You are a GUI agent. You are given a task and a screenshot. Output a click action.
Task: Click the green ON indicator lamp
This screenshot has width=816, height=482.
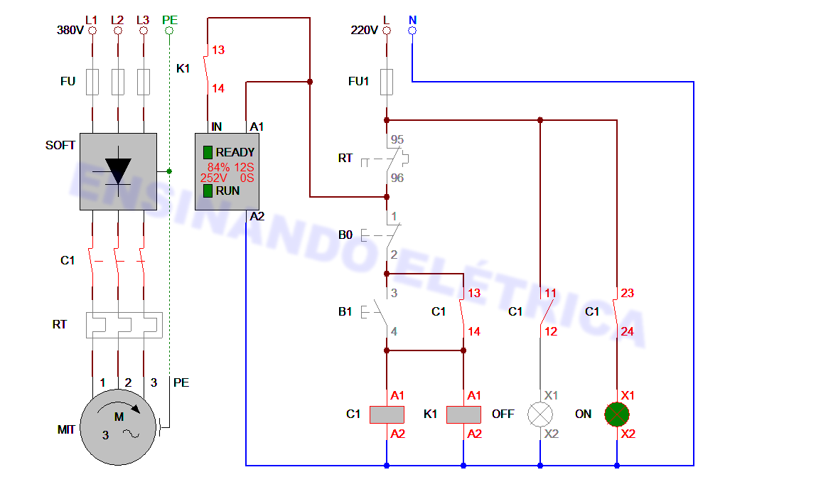[616, 414]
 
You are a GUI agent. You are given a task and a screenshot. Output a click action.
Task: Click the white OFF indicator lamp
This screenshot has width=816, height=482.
[539, 414]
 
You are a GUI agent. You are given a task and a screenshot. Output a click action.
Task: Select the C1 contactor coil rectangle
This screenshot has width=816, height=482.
[387, 414]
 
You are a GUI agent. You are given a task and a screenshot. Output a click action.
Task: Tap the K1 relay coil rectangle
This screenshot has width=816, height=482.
[463, 414]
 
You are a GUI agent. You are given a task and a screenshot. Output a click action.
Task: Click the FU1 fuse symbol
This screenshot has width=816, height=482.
[387, 82]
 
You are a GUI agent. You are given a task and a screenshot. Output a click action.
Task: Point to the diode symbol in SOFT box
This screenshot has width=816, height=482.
[118, 171]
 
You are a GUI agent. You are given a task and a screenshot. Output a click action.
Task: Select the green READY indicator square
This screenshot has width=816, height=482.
[208, 152]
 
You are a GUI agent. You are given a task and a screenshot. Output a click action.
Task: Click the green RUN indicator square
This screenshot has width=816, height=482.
[208, 191]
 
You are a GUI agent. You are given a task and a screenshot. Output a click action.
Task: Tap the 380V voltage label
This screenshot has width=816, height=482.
[70, 31]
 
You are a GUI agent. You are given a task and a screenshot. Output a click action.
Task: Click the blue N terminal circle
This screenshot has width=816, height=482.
[412, 31]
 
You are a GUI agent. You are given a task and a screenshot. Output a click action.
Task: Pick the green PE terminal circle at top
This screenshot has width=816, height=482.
[169, 31]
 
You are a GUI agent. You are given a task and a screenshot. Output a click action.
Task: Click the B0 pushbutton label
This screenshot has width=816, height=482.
[345, 235]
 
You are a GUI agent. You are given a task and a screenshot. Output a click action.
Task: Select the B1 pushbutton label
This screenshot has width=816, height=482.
[345, 311]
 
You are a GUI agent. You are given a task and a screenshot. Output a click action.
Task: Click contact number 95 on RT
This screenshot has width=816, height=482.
[397, 139]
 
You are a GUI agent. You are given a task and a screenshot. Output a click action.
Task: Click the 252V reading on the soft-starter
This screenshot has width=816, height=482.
[214, 178]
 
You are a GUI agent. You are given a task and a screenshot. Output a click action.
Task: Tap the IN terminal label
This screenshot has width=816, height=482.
[216, 127]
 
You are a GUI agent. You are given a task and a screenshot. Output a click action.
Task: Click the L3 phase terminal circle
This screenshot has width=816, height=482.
[144, 31]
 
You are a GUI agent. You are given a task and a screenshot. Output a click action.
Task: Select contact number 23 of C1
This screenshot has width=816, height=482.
[627, 293]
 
